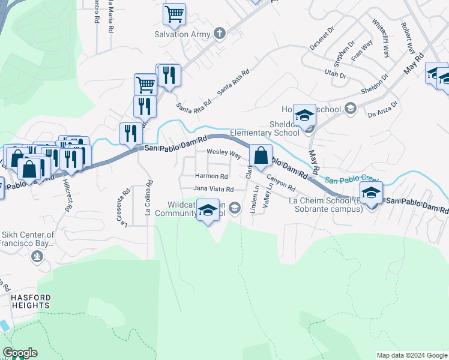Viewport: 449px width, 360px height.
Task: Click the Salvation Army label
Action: pos(182,34)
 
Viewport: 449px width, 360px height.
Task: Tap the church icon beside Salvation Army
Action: pos(220,34)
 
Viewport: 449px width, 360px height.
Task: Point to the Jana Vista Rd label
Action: pos(213,188)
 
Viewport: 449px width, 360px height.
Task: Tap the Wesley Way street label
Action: pos(224,154)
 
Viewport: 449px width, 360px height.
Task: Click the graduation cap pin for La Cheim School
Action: pos(372,193)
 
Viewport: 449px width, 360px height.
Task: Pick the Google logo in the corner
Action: pos(20,353)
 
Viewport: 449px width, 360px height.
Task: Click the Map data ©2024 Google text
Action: pos(412,355)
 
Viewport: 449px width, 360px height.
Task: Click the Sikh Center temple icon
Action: pos(37,257)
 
